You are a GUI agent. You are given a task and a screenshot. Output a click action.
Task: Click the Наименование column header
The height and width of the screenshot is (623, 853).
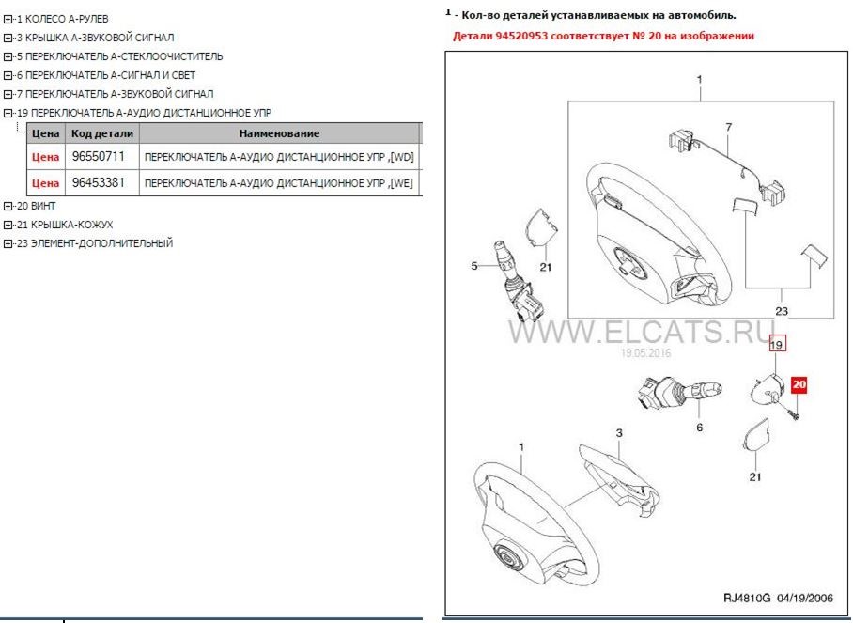(x=279, y=133)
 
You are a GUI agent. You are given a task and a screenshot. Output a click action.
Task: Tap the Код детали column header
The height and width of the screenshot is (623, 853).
(x=102, y=133)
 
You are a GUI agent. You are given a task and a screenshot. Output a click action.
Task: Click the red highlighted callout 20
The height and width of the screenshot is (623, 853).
(x=799, y=384)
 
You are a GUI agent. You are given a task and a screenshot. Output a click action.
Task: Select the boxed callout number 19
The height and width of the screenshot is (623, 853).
(x=777, y=344)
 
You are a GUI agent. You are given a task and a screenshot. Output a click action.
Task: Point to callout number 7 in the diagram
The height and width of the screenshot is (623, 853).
(x=727, y=126)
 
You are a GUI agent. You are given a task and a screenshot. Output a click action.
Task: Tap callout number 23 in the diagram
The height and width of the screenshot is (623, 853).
(x=780, y=310)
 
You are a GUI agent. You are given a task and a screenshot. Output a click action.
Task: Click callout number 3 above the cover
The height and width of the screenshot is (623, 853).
(x=619, y=432)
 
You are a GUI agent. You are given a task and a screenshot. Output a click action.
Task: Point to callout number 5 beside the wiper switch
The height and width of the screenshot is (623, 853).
(x=474, y=267)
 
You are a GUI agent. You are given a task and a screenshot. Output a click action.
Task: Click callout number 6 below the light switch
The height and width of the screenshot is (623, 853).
(x=698, y=428)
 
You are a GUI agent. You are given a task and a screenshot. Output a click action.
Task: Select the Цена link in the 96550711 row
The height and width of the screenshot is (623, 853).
(x=45, y=157)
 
